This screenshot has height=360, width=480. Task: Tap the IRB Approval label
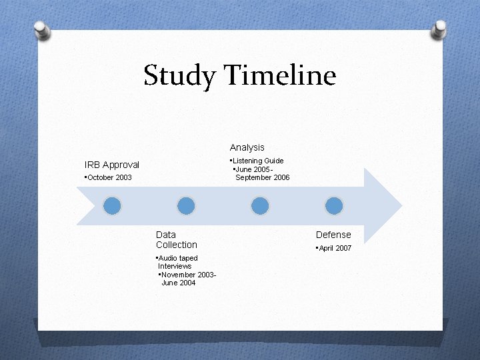pyautogui.click(x=112, y=165)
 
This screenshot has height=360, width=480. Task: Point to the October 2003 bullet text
pyautogui.click(x=109, y=178)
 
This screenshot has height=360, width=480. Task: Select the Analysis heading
pyautogui.click(x=247, y=147)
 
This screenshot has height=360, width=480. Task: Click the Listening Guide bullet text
pyautogui.click(x=257, y=161)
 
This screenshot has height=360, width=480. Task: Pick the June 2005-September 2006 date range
pyautogui.click(x=261, y=173)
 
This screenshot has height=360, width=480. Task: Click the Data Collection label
pyautogui.click(x=176, y=240)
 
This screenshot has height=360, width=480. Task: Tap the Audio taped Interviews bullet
pyautogui.click(x=177, y=262)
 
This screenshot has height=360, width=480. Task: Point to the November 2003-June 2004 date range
pyautogui.click(x=187, y=279)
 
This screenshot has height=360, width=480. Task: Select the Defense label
pyautogui.click(x=333, y=235)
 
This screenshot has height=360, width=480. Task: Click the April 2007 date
pyautogui.click(x=334, y=248)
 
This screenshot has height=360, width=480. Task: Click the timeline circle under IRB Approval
pyautogui.click(x=113, y=205)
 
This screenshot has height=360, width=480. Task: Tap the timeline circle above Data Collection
pyautogui.click(x=187, y=205)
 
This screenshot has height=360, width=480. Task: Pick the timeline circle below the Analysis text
pyautogui.click(x=261, y=205)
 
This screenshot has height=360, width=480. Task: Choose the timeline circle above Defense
pyautogui.click(x=334, y=205)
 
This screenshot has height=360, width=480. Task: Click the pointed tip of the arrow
pyautogui.click(x=400, y=205)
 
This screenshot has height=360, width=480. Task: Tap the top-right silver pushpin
pyautogui.click(x=439, y=29)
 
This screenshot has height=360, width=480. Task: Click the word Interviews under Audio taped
pyautogui.click(x=175, y=266)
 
